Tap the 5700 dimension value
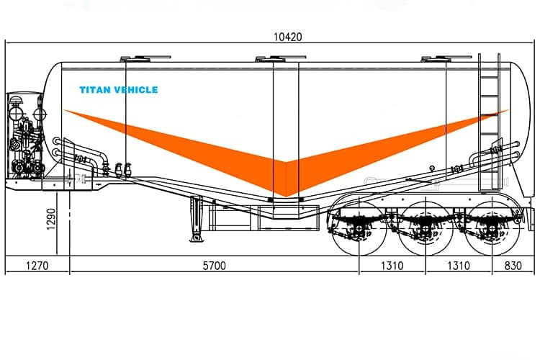pyautogui.click(x=213, y=266)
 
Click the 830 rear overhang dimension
pyautogui.click(x=513, y=266)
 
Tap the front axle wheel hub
pyautogui.click(x=359, y=230)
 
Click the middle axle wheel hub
pyautogui.click(x=426, y=230)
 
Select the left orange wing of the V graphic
pyautogui.click(x=180, y=144)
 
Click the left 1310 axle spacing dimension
pyautogui.click(x=392, y=266)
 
